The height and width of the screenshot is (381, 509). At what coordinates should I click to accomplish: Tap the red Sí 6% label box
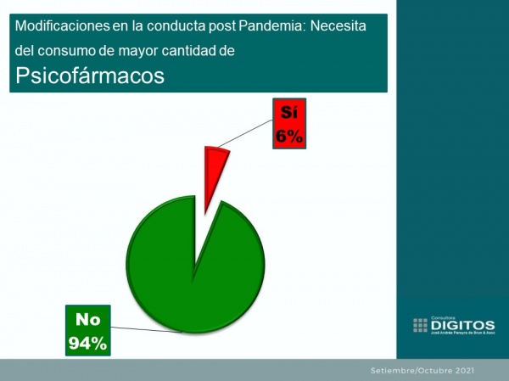tap(288, 124)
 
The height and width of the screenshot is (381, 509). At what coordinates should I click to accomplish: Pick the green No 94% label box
tap(89, 331)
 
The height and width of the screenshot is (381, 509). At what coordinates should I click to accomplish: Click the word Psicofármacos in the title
tap(89, 75)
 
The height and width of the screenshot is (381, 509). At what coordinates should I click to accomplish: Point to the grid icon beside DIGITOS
tap(421, 325)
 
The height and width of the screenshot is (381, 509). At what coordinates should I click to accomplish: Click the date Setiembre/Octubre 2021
tap(422, 371)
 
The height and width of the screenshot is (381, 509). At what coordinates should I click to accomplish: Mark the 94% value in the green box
tap(89, 343)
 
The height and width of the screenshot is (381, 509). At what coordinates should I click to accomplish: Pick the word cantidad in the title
tap(190, 52)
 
